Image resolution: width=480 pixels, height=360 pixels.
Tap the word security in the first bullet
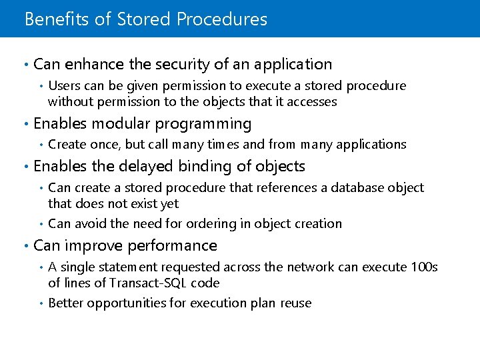pyautogui.click(x=182, y=65)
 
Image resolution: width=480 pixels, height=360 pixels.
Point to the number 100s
pyautogui.click(x=423, y=267)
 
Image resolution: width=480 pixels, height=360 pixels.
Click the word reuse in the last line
pyautogui.click(x=295, y=303)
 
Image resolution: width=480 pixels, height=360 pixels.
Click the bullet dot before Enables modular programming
pyautogui.click(x=25, y=125)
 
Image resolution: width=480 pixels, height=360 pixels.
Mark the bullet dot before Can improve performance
pyautogui.click(x=25, y=247)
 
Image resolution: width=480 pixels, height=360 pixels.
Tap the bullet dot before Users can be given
pyautogui.click(x=41, y=87)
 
